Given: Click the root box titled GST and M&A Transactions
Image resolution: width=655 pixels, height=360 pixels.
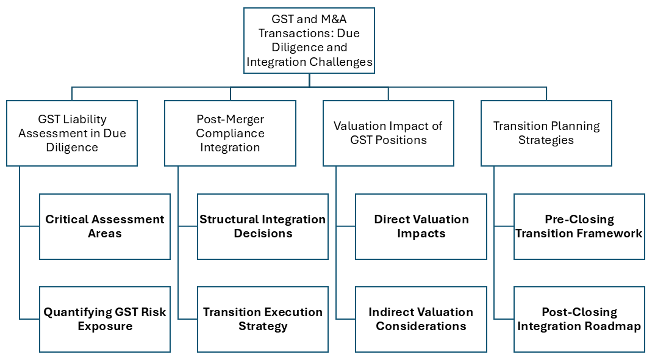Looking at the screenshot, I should (x=309, y=41).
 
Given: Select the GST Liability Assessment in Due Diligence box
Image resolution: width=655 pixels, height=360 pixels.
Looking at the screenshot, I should (x=72, y=133).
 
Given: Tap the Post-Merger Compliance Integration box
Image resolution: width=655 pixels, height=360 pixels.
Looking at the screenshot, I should (x=230, y=133).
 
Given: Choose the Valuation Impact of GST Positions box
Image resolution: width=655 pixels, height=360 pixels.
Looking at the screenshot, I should (x=388, y=133).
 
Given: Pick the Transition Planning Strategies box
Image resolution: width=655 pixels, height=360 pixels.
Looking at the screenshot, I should (x=546, y=133).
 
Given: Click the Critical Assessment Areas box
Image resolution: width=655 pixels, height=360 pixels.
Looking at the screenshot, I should (x=105, y=226).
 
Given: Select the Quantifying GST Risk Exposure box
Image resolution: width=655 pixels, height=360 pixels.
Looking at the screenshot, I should (x=105, y=319).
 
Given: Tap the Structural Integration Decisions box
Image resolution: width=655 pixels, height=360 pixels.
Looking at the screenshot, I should (x=263, y=226).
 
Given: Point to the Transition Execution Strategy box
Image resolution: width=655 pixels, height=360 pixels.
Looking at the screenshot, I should (x=263, y=319).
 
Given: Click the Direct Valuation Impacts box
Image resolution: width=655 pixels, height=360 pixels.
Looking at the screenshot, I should (x=421, y=226).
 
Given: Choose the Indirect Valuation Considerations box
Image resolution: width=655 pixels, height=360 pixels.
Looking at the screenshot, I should (x=421, y=319).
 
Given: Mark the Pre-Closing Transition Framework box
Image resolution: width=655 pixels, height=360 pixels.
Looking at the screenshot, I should (x=579, y=226).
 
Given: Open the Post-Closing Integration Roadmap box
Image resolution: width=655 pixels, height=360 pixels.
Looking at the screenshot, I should (x=579, y=319).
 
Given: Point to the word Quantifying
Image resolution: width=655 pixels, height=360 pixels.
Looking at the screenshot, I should (x=74, y=312).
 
